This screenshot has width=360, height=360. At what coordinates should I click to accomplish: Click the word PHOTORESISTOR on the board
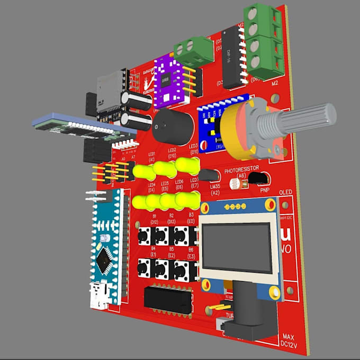(x=241, y=171)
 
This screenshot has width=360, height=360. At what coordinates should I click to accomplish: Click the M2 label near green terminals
(x=274, y=83)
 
